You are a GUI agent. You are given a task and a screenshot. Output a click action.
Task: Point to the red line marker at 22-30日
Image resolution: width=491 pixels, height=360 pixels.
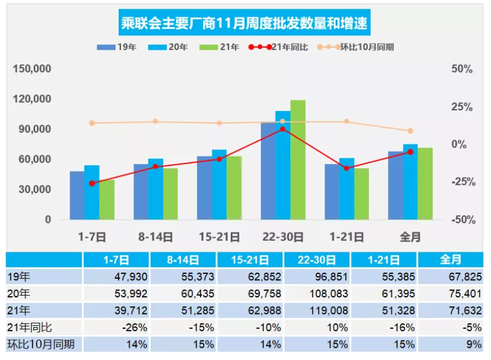click(x=283, y=129)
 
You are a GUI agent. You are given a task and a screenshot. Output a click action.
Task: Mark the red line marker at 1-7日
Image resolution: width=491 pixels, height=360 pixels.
click(x=92, y=184)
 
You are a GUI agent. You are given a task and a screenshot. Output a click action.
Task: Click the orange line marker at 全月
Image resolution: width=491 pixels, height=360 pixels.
click(x=410, y=131)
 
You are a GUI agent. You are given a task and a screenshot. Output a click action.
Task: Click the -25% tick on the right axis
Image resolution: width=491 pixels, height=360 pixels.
click(x=463, y=182)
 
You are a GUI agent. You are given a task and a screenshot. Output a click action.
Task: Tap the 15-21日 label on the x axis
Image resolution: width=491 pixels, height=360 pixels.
click(x=219, y=237)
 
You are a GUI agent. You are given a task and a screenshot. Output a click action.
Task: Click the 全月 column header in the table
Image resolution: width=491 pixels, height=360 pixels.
click(x=451, y=260)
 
